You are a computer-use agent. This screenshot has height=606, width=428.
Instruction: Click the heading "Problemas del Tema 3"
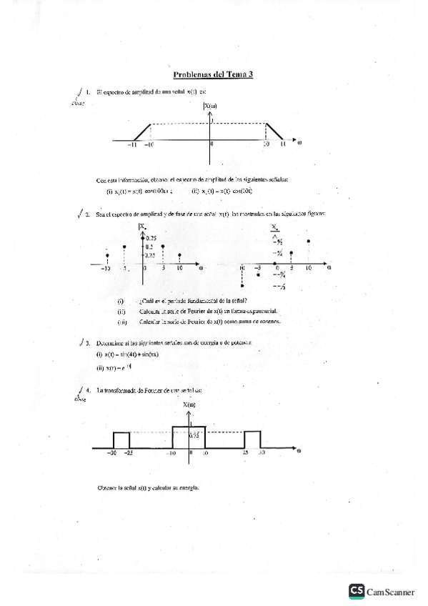click(x=214, y=74)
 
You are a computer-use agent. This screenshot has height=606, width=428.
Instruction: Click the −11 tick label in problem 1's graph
click(x=134, y=145)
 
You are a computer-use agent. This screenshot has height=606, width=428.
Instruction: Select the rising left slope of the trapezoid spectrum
click(x=142, y=131)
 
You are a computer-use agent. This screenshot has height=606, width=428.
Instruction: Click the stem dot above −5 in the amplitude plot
click(x=125, y=247)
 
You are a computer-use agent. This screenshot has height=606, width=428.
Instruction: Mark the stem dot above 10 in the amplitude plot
click(x=180, y=254)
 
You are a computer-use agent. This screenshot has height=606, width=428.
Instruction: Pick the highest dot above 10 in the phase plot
click(x=309, y=241)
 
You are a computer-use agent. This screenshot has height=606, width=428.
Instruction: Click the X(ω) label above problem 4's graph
click(x=190, y=404)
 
